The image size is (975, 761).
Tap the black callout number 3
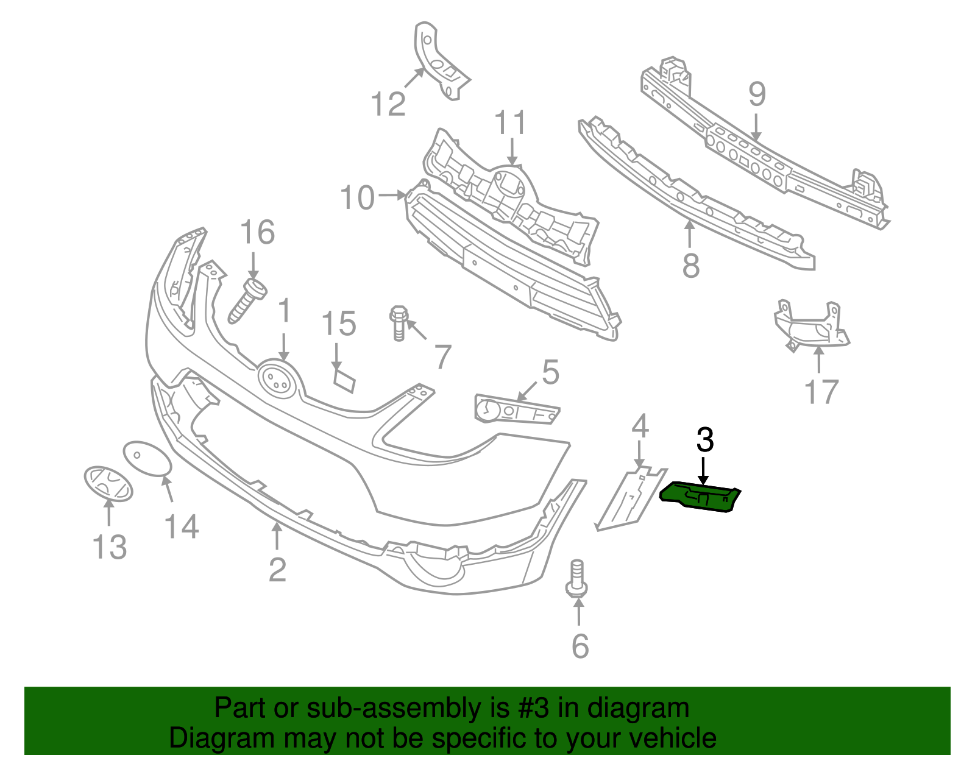click(704, 440)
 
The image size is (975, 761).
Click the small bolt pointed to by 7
click(398, 324)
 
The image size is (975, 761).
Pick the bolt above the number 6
click(576, 579)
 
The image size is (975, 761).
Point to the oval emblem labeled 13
click(108, 484)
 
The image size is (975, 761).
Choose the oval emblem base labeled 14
click(147, 458)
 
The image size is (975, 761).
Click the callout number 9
click(756, 94)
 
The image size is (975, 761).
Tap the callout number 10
click(357, 198)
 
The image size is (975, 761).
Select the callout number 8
click(690, 266)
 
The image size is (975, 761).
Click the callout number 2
click(277, 570)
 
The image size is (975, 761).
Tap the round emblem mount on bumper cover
click(277, 380)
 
